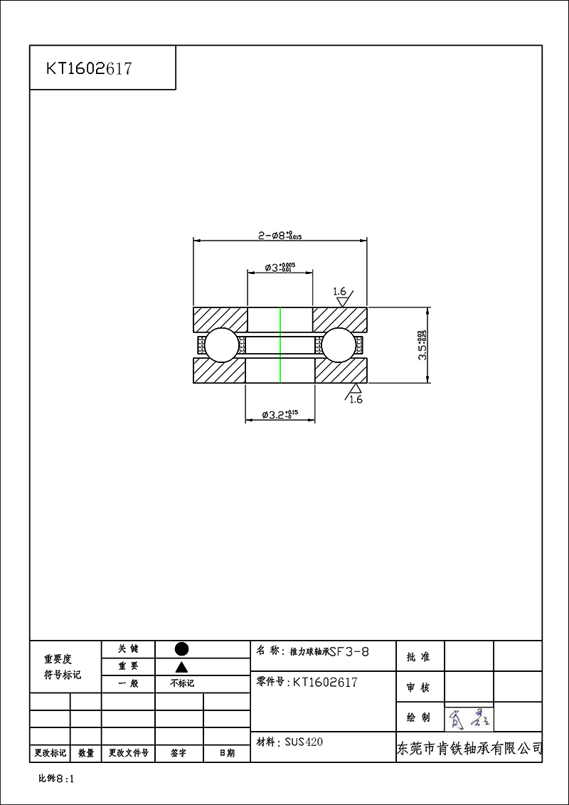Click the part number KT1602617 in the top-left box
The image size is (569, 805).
(x=89, y=68)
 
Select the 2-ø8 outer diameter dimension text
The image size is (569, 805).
(x=280, y=235)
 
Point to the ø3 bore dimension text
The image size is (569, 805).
(x=280, y=268)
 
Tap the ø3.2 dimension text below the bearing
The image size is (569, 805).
(x=280, y=414)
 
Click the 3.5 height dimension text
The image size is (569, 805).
(x=422, y=345)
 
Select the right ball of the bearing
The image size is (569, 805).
(x=339, y=345)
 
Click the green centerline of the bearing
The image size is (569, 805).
(x=280, y=345)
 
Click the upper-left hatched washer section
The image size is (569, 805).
(x=220, y=319)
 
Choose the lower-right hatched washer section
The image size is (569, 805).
(x=340, y=371)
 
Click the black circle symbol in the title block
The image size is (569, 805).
(x=181, y=648)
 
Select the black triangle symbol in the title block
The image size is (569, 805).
(x=181, y=667)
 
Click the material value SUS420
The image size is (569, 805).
(x=304, y=742)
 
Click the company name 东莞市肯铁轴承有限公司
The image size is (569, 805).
(x=469, y=749)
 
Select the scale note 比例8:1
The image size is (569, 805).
(x=56, y=779)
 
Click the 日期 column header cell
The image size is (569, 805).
(x=226, y=752)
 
